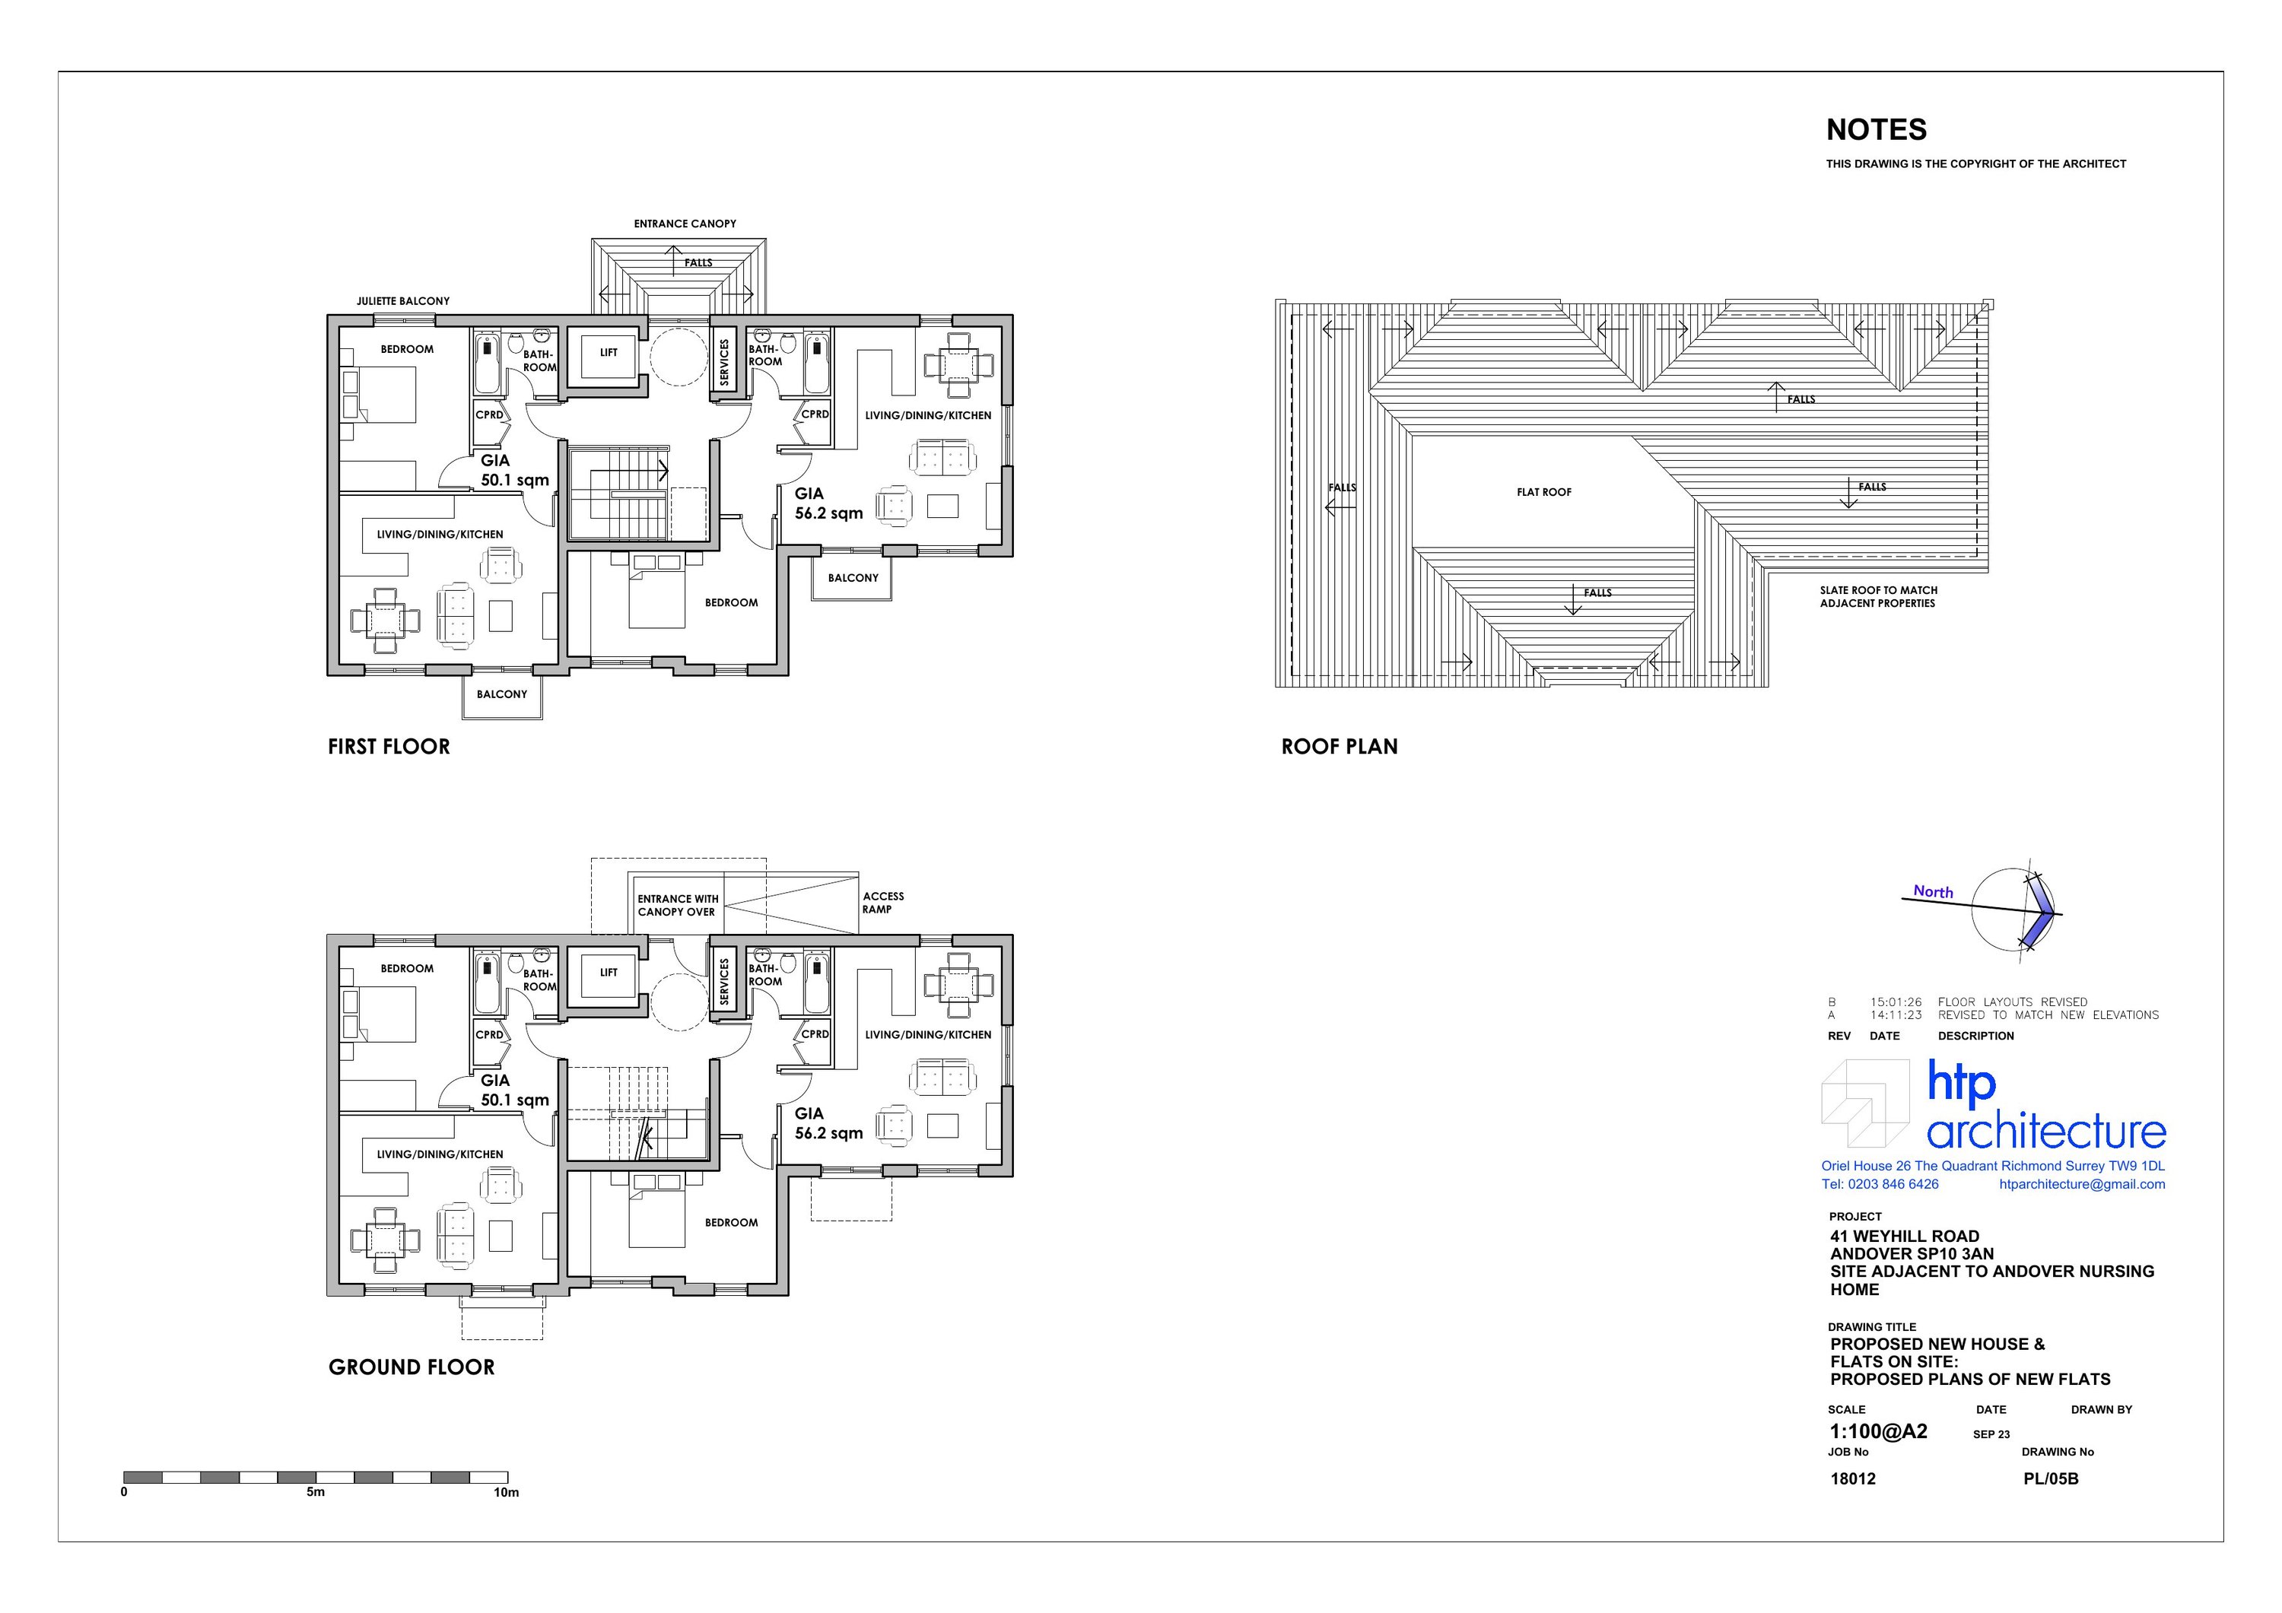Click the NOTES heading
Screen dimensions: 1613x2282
(1876, 130)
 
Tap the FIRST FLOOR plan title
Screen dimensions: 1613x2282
(389, 746)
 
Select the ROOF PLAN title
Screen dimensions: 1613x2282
(1339, 746)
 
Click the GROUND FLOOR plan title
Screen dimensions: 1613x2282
(412, 1367)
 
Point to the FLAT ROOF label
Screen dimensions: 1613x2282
(1543, 492)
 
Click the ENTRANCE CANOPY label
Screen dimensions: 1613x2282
(685, 224)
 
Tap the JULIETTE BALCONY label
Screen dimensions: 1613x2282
(402, 301)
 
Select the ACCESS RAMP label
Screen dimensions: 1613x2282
(882, 903)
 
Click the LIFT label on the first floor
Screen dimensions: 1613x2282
(609, 353)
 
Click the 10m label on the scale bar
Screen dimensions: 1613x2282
(506, 1492)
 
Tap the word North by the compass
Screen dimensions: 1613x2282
(1933, 891)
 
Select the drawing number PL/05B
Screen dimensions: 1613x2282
(2051, 1479)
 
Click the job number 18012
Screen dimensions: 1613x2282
(1853, 1479)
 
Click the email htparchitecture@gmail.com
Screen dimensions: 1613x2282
(2081, 1183)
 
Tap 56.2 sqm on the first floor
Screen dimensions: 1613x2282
(829, 514)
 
